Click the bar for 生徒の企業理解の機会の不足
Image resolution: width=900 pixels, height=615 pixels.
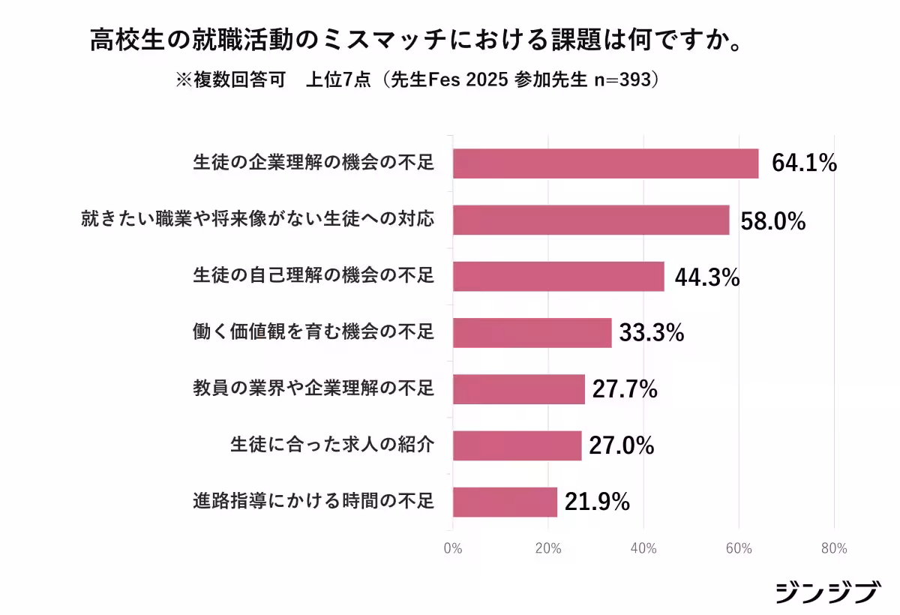click(605, 163)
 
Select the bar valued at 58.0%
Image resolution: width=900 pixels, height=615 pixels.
click(591, 220)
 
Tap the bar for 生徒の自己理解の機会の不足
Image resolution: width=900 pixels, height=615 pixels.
click(558, 276)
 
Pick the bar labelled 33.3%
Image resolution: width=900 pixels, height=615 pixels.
click(532, 332)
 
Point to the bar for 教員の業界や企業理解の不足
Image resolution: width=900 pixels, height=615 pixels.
click(518, 389)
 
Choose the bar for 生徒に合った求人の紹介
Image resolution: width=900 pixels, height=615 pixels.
click(517, 445)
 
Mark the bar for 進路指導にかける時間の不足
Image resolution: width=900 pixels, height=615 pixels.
click(505, 502)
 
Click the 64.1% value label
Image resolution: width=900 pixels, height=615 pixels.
click(804, 163)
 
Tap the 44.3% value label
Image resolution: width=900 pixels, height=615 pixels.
click(707, 277)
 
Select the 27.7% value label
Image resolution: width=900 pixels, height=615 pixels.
click(625, 389)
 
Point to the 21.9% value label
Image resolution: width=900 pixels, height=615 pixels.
click(597, 502)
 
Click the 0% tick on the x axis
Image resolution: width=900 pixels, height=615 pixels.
click(452, 548)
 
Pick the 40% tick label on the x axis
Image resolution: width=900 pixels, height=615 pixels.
click(643, 548)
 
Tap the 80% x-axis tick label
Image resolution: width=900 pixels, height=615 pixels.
click(834, 548)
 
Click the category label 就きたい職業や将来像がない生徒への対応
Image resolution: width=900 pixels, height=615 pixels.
click(257, 220)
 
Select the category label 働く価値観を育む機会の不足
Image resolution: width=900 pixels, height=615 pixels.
click(313, 332)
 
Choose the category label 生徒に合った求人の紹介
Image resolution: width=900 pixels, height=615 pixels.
click(331, 445)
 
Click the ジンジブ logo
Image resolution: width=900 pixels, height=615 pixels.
click(826, 592)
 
